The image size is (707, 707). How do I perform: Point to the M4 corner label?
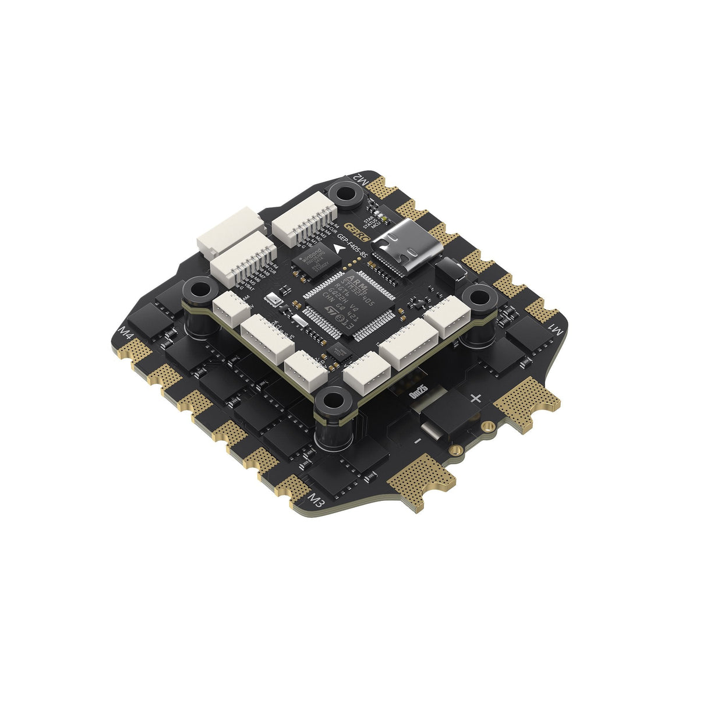(x=125, y=334)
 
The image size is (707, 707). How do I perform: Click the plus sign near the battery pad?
(x=475, y=398)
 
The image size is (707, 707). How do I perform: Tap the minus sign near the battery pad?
(x=416, y=441)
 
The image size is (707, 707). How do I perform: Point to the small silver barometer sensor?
(x=271, y=301)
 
